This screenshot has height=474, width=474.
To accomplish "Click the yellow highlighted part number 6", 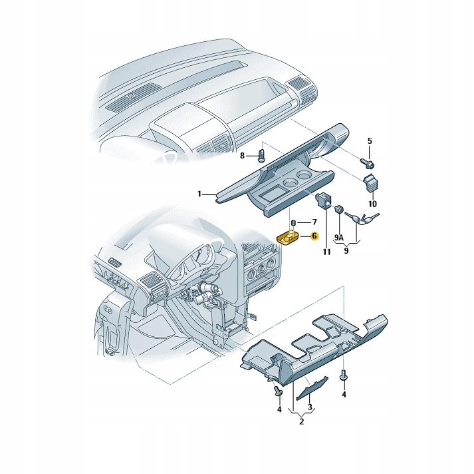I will [289, 238].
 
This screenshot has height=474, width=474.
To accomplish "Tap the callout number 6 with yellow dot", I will [314, 236].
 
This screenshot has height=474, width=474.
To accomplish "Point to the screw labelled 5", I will [367, 162].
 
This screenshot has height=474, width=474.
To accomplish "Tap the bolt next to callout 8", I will [261, 155].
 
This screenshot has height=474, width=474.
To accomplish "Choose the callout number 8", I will [243, 155].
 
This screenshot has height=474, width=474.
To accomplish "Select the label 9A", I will [338, 238].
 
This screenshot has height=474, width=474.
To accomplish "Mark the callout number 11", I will [326, 251].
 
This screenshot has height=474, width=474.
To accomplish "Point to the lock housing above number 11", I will [323, 199].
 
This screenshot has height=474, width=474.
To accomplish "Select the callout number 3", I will [310, 407].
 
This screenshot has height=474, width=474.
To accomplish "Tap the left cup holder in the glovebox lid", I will [290, 182].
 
